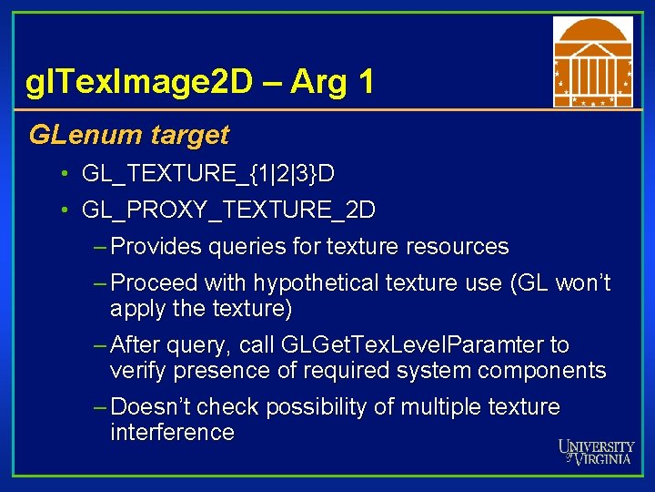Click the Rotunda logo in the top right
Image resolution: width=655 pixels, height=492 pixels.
point(592,63)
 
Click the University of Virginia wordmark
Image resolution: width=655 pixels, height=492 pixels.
point(597,452)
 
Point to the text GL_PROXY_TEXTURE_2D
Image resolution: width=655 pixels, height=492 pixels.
point(227,210)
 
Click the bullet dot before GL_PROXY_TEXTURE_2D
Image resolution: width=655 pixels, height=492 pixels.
point(66,210)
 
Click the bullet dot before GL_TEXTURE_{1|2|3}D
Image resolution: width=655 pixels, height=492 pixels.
point(66,173)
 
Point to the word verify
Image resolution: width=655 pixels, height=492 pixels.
point(137,371)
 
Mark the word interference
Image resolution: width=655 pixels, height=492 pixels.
point(172,432)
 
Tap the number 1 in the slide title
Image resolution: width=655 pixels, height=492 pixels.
point(366,84)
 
